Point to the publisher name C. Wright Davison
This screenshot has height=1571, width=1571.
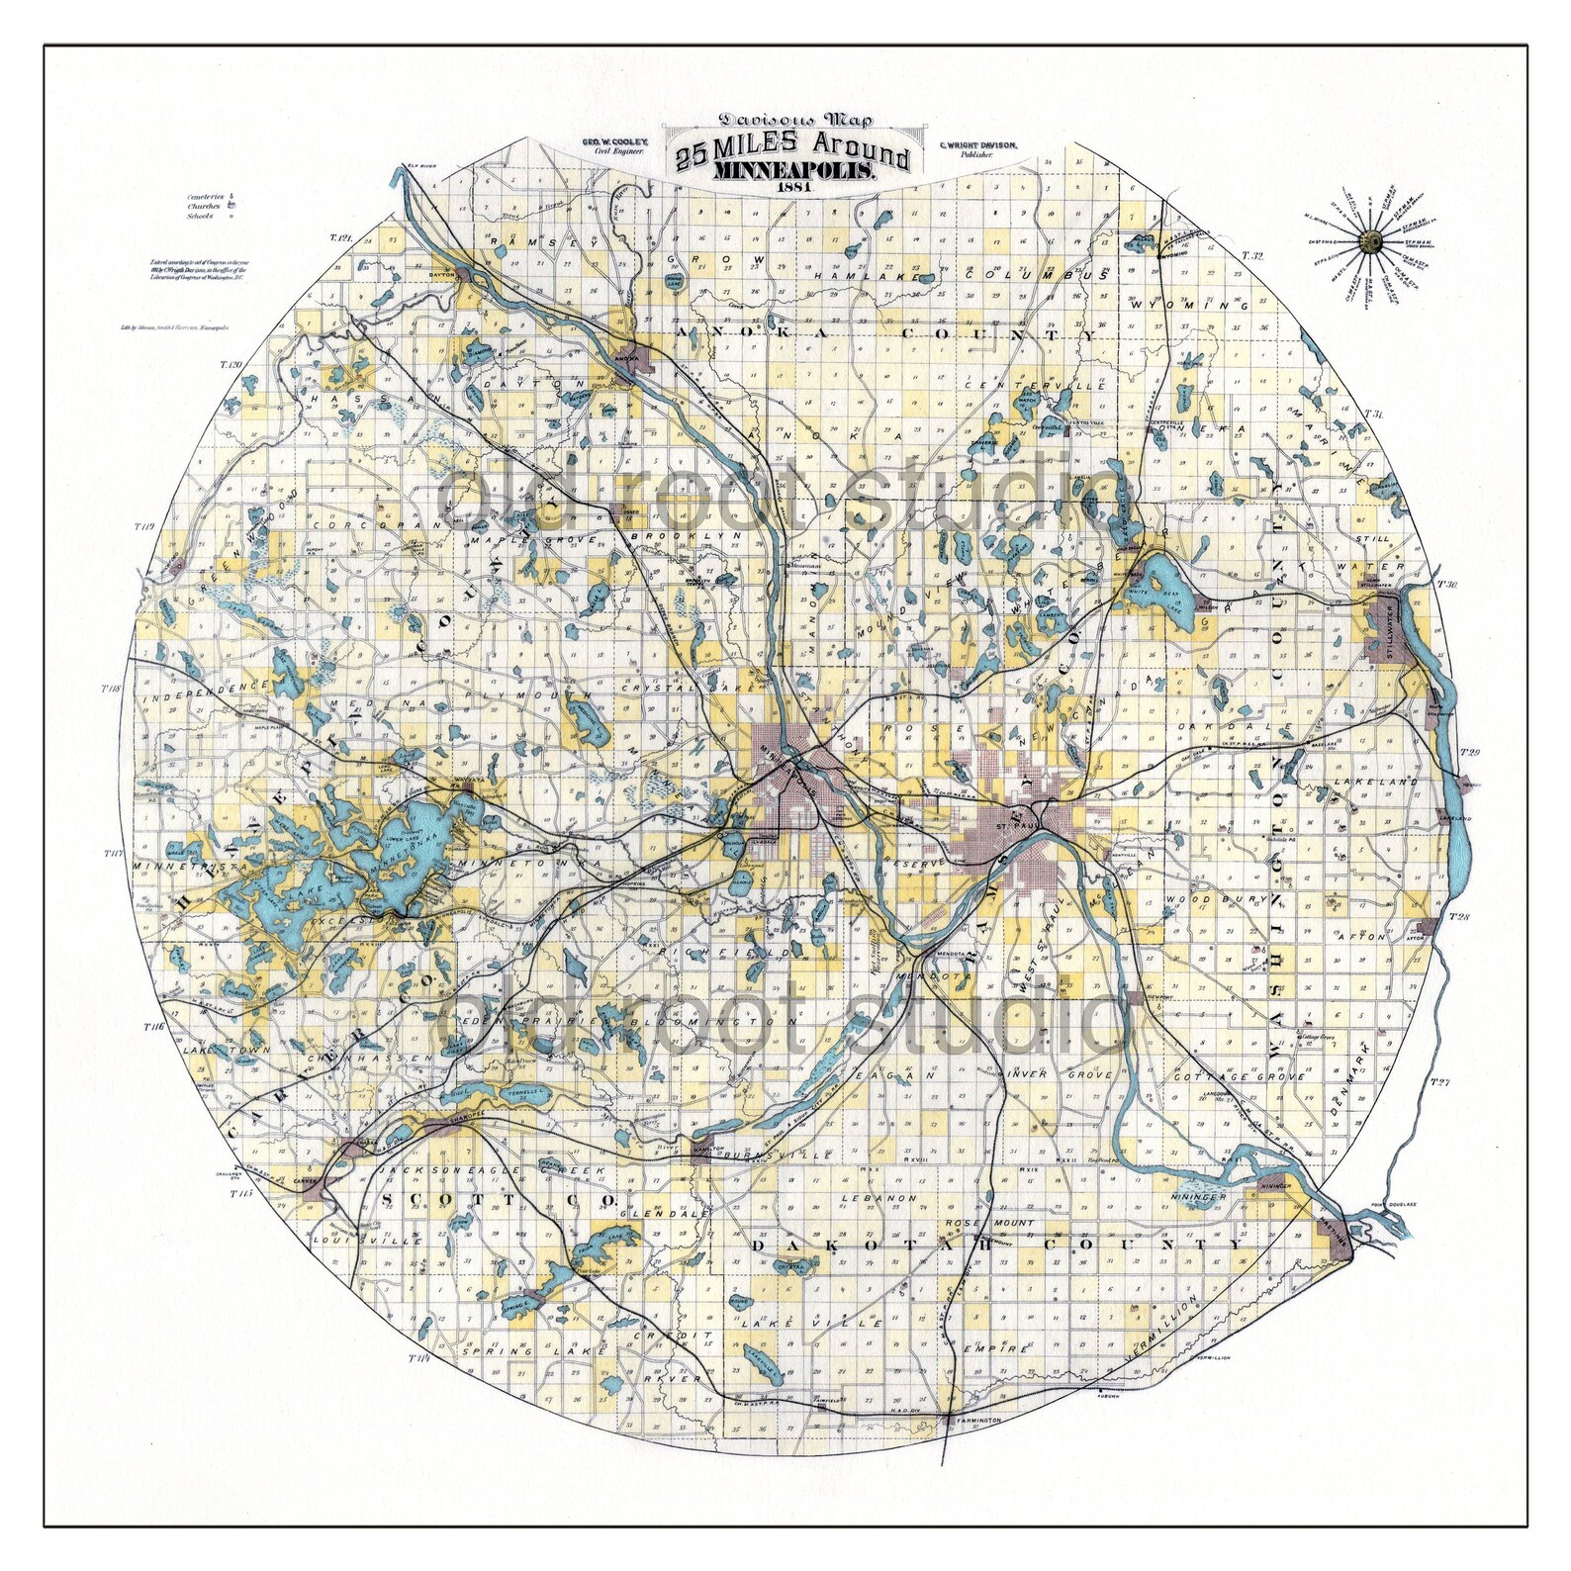(x=975, y=146)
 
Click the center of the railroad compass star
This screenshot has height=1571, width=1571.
(x=1371, y=241)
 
